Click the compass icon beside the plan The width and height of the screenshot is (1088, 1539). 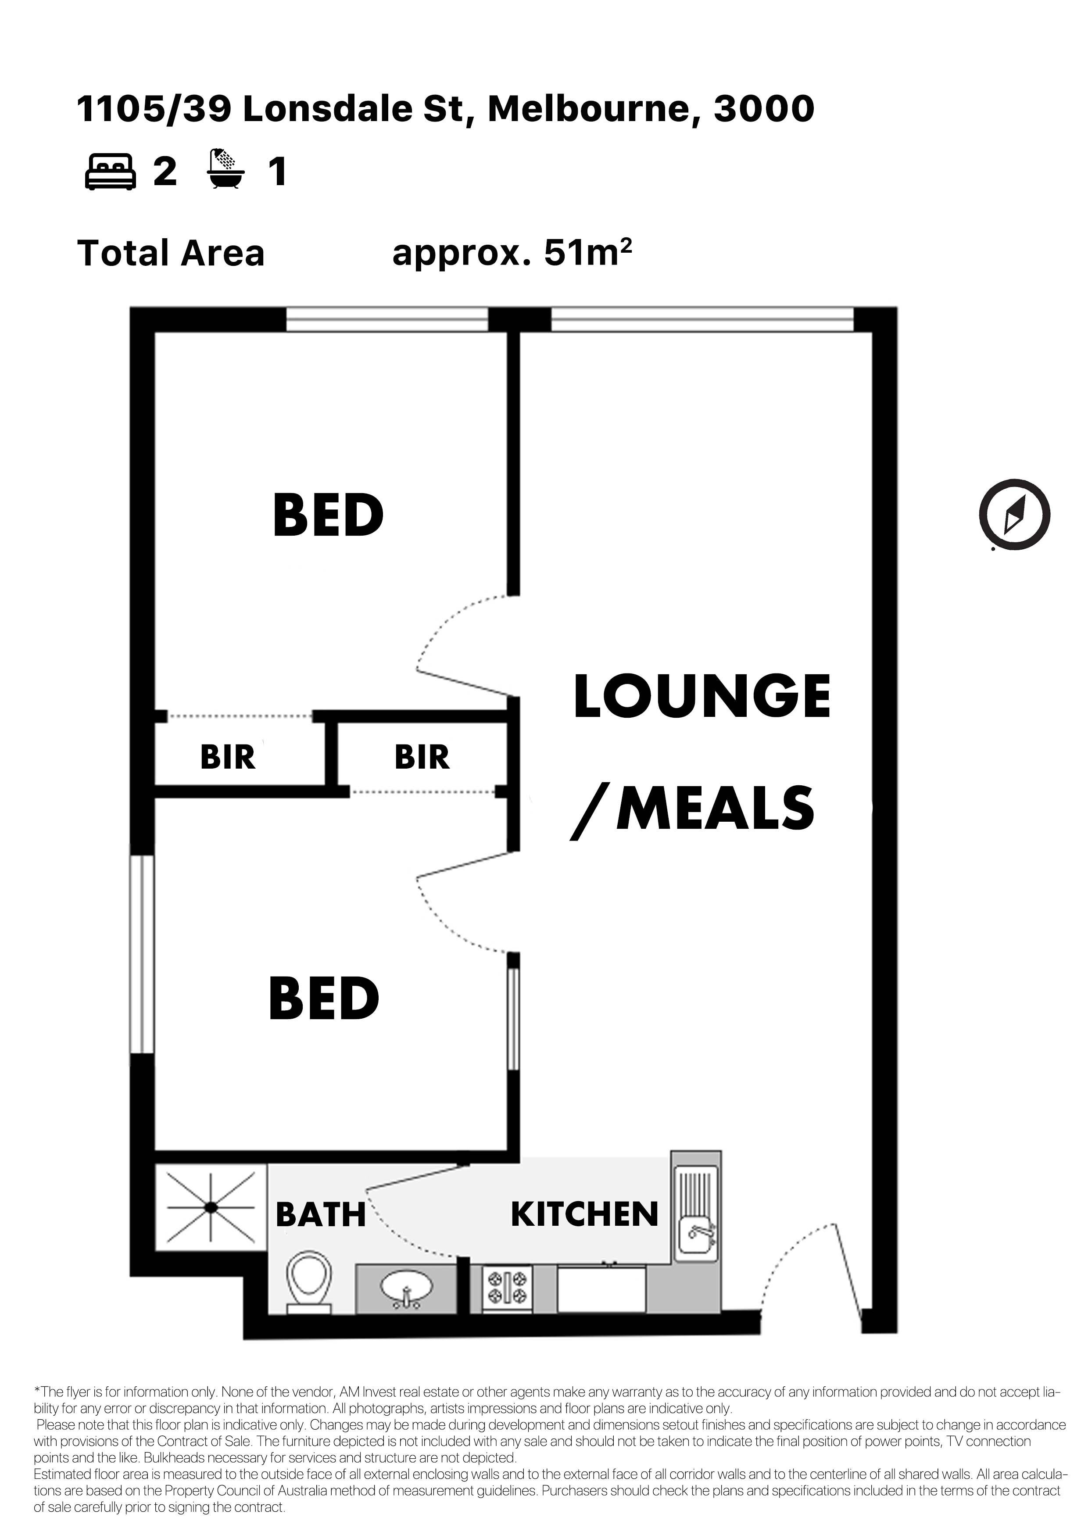tap(1014, 515)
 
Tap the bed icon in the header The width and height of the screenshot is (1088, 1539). tap(111, 172)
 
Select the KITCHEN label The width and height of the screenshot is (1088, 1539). tap(584, 1215)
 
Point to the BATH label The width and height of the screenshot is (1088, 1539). tap(320, 1215)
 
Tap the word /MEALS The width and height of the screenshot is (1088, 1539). tap(692, 809)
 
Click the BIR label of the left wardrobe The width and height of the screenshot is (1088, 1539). tap(228, 757)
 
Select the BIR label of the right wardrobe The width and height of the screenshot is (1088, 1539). tap(422, 757)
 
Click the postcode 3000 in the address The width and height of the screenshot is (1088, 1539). tap(764, 109)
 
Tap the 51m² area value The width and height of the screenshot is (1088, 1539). tap(588, 253)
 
